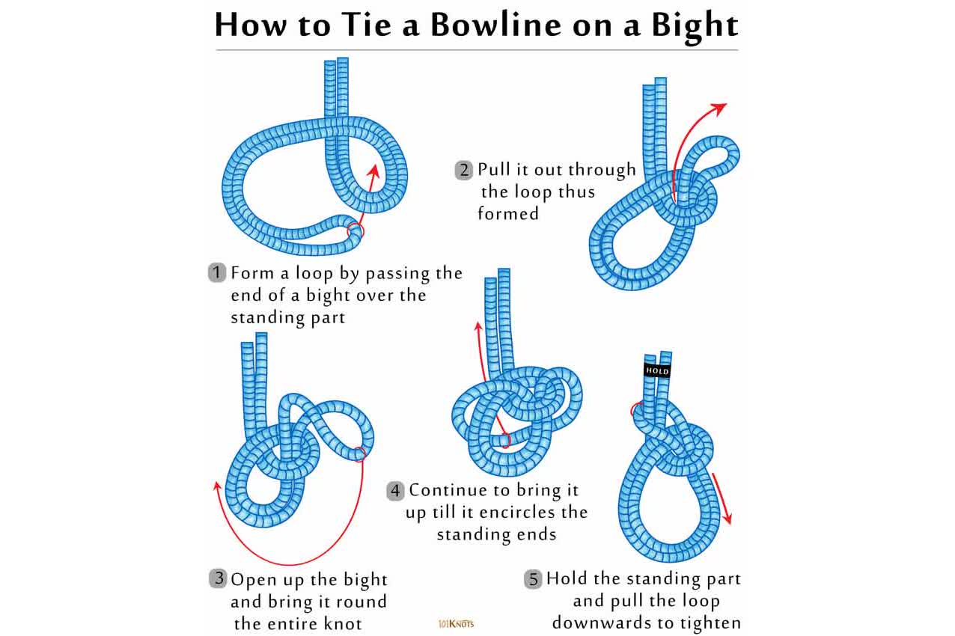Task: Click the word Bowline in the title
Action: click(497, 25)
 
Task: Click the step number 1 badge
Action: click(216, 272)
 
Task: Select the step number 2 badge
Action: click(463, 170)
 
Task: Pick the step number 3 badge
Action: click(218, 578)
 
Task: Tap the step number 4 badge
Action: click(395, 491)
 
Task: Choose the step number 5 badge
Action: click(533, 579)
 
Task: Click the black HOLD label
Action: click(657, 370)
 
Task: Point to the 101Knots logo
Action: click(456, 624)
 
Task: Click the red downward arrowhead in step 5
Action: click(727, 517)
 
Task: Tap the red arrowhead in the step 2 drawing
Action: click(720, 108)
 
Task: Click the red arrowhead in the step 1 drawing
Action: click(373, 172)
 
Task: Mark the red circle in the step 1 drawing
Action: click(355, 232)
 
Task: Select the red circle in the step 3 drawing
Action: click(360, 454)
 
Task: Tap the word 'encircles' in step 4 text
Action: click(516, 513)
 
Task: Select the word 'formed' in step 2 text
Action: click(507, 213)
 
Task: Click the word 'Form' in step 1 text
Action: click(252, 273)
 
